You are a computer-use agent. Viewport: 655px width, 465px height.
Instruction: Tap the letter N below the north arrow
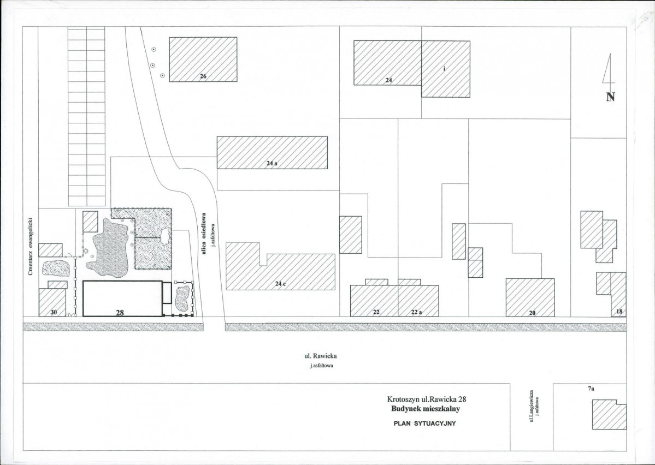610,97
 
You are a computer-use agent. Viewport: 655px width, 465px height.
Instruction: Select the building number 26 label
203,76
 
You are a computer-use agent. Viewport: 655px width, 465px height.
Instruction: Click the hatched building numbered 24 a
272,152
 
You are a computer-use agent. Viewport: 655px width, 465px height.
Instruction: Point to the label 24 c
280,284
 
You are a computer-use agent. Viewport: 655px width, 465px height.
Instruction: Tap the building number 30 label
54,312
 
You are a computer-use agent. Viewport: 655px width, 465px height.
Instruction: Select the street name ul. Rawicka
321,356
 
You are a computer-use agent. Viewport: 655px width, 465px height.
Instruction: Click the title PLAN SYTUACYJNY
424,423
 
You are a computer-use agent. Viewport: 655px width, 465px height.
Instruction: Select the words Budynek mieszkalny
426,409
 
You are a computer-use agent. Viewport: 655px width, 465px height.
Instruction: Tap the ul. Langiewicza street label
532,406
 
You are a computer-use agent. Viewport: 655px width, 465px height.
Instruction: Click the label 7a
591,389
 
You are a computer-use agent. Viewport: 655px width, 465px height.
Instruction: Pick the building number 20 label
532,313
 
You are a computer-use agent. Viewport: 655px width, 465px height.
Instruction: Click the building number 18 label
619,312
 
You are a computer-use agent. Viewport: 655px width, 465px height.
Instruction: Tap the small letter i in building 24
445,69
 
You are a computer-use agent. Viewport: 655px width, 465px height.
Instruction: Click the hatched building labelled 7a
609,414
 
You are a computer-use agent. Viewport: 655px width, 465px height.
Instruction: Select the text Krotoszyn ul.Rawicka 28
427,399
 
